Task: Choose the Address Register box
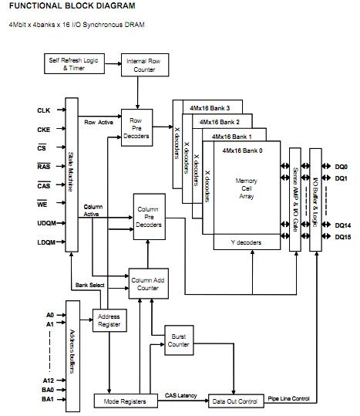point(109,321)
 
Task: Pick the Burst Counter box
point(178,339)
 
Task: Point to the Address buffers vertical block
point(74,350)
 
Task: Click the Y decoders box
point(246,243)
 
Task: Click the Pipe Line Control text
point(290,397)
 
